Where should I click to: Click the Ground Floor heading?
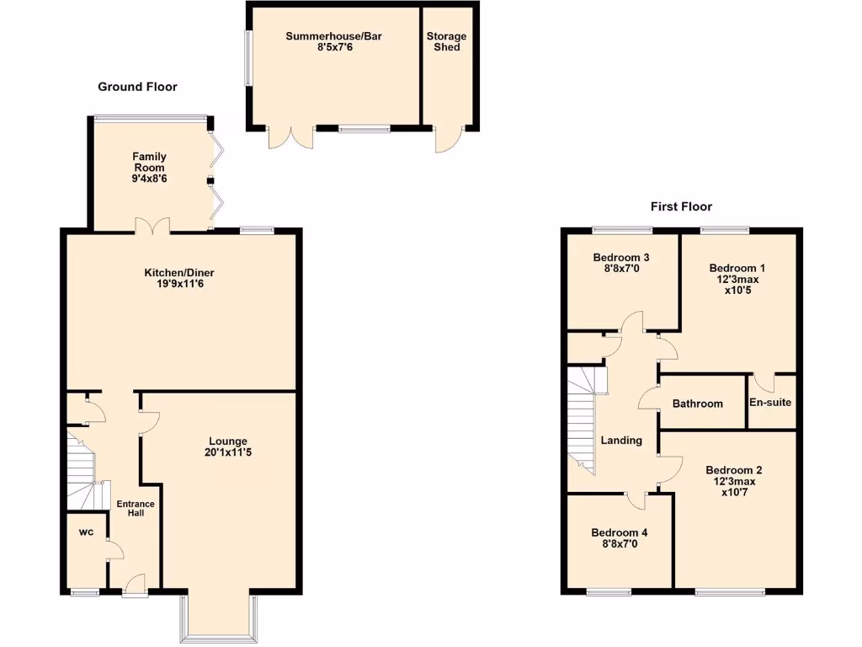tap(137, 87)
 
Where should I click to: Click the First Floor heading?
tap(681, 206)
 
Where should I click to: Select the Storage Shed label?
tap(446, 42)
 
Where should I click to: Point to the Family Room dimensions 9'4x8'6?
tap(148, 179)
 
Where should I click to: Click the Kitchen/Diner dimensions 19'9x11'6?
tap(179, 285)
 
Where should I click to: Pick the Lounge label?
tap(228, 441)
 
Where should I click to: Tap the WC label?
tap(86, 532)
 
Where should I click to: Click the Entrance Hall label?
tap(136, 508)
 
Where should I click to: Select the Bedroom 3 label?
tap(621, 258)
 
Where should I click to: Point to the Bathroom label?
tap(697, 404)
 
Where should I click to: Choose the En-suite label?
tap(770, 403)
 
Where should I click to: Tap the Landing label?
tap(621, 440)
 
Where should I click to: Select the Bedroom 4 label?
tap(619, 532)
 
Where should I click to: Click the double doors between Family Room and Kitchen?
tap(154, 225)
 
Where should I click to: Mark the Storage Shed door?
tap(448, 138)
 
